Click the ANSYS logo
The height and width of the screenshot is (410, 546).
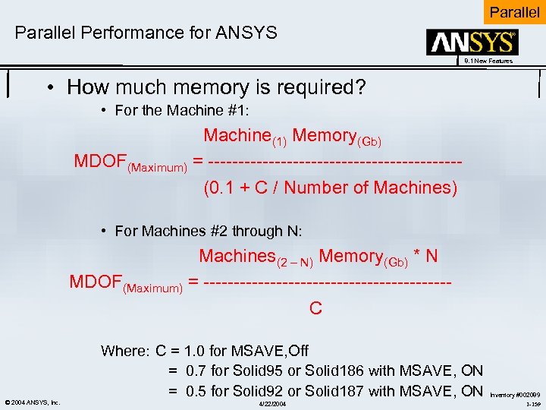[x=473, y=43]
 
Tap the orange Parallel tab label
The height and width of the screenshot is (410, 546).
[x=514, y=12]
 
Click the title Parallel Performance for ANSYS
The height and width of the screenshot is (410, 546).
[x=146, y=33]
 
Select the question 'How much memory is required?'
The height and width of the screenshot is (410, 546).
[x=216, y=87]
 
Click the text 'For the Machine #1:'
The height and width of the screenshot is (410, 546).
[x=182, y=111]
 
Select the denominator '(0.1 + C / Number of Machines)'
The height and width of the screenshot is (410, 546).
[x=331, y=188]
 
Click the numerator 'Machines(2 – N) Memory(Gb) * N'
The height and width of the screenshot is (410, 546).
[x=318, y=257]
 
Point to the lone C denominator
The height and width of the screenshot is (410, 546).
[x=315, y=307]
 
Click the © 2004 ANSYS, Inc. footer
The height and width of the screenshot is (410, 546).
[x=32, y=402]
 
